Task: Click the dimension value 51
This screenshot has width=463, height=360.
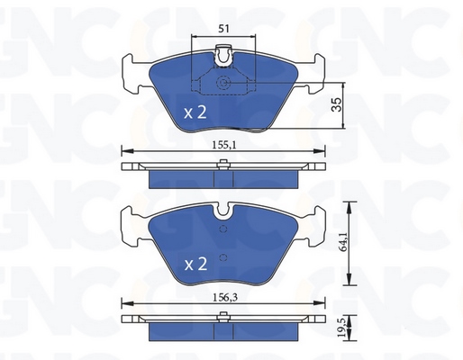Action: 223,29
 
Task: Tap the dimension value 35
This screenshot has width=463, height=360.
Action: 337,104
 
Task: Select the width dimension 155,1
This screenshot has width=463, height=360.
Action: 224,145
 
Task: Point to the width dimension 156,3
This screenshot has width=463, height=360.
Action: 225,298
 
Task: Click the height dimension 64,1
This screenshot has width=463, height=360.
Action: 343,241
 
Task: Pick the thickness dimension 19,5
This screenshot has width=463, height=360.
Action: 342,328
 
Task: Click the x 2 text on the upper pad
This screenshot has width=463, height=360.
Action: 195,113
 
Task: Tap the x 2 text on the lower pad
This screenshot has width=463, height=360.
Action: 195,265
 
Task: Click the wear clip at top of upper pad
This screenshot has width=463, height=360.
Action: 223,56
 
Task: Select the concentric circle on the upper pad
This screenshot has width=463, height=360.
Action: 223,82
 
